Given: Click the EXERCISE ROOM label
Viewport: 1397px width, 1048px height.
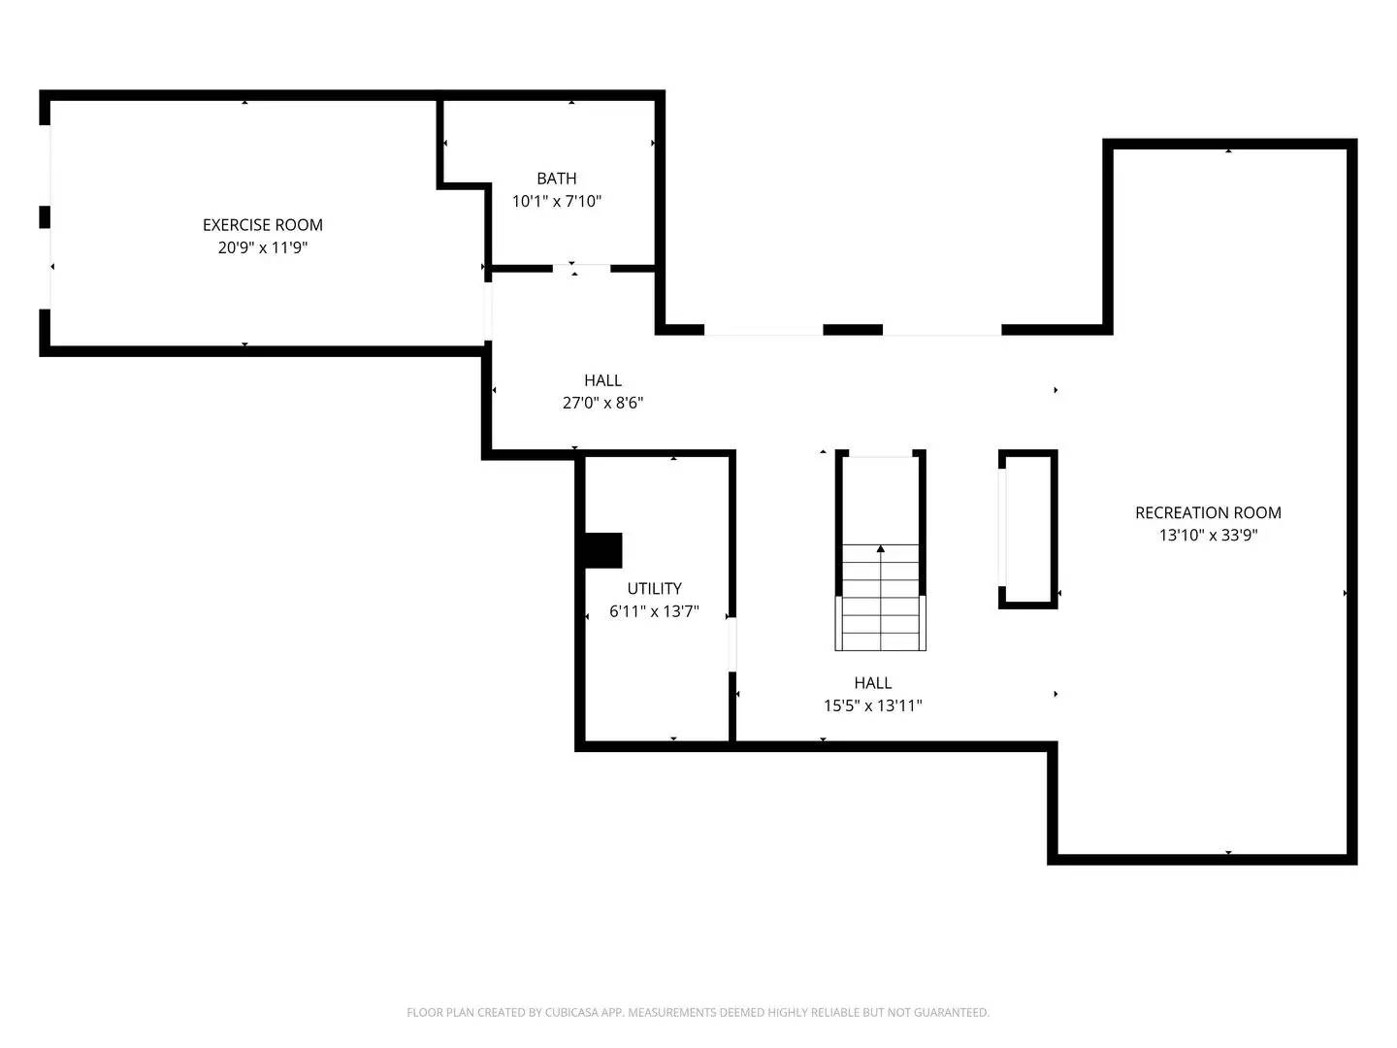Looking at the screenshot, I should pyautogui.click(x=262, y=225).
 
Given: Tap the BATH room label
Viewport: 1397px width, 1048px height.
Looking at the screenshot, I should pyautogui.click(x=556, y=179).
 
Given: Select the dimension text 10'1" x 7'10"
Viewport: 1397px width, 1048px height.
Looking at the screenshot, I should pyautogui.click(x=556, y=202).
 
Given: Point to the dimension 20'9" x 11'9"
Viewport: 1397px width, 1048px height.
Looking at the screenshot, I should pyautogui.click(x=262, y=248).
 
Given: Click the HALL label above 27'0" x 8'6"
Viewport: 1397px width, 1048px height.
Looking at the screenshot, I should pyautogui.click(x=602, y=380).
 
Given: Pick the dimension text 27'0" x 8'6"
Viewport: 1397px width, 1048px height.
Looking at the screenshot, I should pyautogui.click(x=602, y=404).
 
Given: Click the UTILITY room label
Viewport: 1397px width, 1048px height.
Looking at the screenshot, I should pyautogui.click(x=654, y=589).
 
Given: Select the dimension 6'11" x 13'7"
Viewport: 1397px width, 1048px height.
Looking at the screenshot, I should pyautogui.click(x=654, y=612).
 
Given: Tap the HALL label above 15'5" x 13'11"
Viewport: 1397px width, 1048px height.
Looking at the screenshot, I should pyautogui.click(x=872, y=683).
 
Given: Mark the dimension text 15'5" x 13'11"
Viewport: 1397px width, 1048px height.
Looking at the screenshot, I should pyautogui.click(x=872, y=706).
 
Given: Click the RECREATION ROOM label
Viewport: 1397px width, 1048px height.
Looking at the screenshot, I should pyautogui.click(x=1208, y=512).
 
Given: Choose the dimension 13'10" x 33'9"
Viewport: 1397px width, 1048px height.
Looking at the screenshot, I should pyautogui.click(x=1208, y=536).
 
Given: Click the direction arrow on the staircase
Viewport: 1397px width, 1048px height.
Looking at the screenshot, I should pyautogui.click(x=881, y=550).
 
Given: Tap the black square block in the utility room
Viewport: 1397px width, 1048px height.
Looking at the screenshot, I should pyautogui.click(x=602, y=550).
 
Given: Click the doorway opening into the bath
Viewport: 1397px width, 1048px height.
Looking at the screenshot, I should pyautogui.click(x=581, y=268).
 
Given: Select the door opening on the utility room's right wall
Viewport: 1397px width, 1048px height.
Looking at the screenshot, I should pyautogui.click(x=732, y=643).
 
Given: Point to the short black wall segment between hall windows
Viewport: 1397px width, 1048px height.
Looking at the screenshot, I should pyautogui.click(x=852, y=330).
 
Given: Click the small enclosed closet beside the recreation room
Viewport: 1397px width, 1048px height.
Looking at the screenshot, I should pyautogui.click(x=1027, y=529).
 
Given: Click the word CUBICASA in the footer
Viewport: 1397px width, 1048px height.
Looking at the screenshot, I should pyautogui.click(x=589, y=1013).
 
